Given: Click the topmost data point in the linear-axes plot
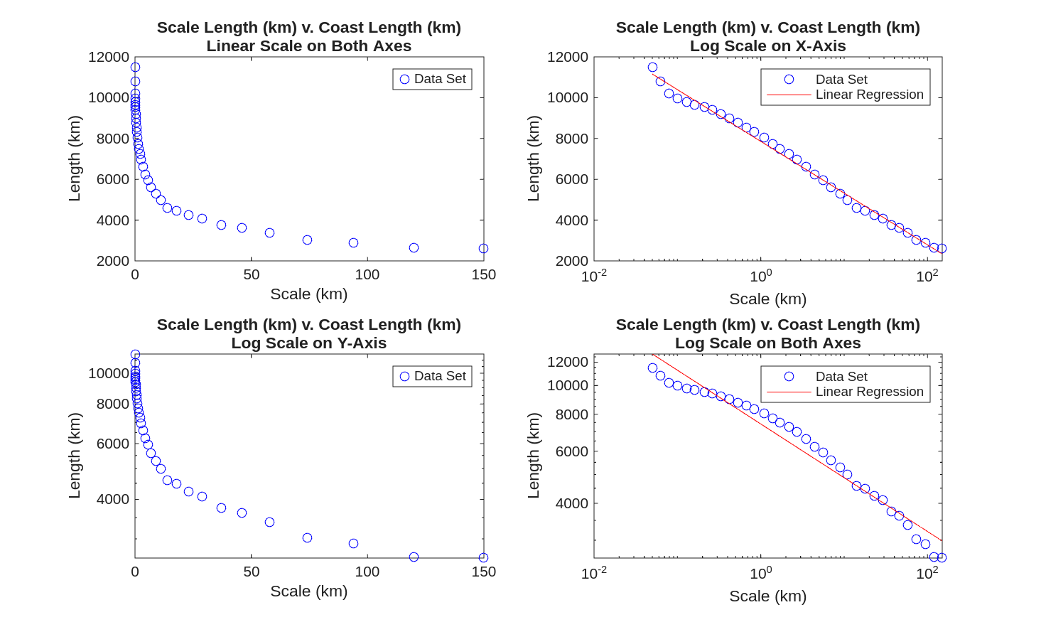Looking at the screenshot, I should (x=135, y=68).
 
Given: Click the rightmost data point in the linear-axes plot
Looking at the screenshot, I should (x=483, y=249).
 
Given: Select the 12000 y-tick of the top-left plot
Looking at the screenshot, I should (x=109, y=57).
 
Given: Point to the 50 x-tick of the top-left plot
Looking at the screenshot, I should (x=251, y=275).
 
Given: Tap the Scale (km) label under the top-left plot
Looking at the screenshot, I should (x=308, y=294).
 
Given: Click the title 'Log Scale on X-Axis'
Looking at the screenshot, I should (x=767, y=46).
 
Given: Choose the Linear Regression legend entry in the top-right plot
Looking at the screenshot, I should (x=869, y=95).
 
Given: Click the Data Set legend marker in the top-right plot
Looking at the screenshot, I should (x=789, y=80).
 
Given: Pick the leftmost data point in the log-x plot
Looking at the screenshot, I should (x=652, y=68).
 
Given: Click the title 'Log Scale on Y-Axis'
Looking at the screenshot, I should (x=308, y=343).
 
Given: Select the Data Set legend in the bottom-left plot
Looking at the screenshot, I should (x=432, y=376).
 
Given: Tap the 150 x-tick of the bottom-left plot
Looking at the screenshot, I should (x=483, y=572).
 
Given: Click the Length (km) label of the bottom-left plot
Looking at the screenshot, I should (x=75, y=456).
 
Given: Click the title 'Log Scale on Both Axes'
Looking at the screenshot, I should (x=767, y=343).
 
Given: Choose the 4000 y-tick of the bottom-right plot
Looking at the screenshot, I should (x=571, y=503).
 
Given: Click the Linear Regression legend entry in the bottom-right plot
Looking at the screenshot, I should (x=869, y=392).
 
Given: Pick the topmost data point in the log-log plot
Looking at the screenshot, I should (x=652, y=368).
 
